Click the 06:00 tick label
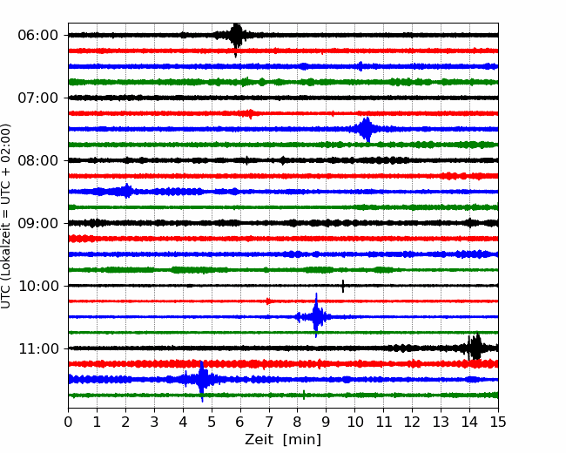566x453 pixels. click(38, 36)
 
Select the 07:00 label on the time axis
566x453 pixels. click(38, 98)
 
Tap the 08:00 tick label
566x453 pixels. click(38, 160)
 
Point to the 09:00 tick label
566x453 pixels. click(38, 223)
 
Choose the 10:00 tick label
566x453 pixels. click(38, 286)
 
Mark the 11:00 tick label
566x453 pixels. click(38, 348)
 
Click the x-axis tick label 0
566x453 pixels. click(68, 422)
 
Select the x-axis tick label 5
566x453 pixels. click(212, 422)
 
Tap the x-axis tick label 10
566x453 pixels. click(354, 422)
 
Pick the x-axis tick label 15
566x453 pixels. click(498, 422)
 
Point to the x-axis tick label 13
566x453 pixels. click(441, 422)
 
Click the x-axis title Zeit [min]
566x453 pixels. click(283, 440)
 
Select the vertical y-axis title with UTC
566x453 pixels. click(5, 216)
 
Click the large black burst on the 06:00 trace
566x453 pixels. click(236, 38)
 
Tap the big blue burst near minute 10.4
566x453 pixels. click(366, 129)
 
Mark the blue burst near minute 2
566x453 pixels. click(126, 191)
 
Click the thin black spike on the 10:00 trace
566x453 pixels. click(343, 286)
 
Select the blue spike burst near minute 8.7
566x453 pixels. click(316, 315)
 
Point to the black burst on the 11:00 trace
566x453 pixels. click(475, 347)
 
